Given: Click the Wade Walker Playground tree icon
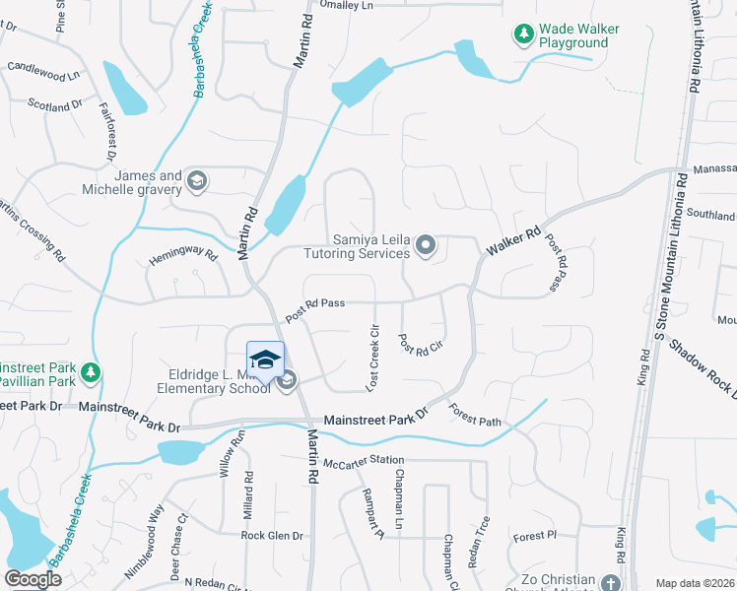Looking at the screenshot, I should click(x=523, y=34).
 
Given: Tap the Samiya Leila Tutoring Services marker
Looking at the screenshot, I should click(x=426, y=244).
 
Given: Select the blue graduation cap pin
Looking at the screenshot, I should click(x=265, y=361).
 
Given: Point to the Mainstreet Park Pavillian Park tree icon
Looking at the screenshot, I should click(x=91, y=372).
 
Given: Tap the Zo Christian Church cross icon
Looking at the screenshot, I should click(x=611, y=582).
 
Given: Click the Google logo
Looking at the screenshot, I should click(x=33, y=579).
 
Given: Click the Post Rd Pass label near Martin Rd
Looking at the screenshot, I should click(x=315, y=309).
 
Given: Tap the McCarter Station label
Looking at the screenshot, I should click(x=365, y=460).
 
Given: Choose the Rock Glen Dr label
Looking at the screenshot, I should click(x=272, y=536).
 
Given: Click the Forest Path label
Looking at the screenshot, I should click(x=475, y=415).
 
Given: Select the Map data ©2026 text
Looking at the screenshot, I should click(x=695, y=583).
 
